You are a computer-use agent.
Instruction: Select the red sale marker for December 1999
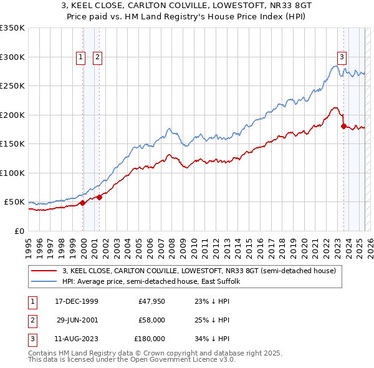click(83, 203)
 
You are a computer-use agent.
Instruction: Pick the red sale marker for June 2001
click(99, 197)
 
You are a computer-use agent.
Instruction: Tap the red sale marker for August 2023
click(343, 126)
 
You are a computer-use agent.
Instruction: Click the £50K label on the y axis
click(14, 202)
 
